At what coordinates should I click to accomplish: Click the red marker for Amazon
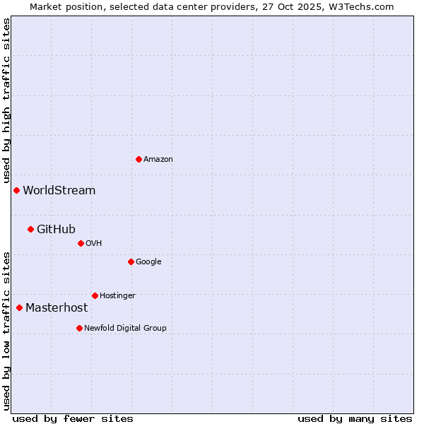(x=139, y=159)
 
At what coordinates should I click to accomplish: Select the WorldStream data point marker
(x=16, y=190)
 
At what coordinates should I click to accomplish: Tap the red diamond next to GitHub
(x=30, y=229)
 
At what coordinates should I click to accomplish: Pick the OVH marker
(x=81, y=243)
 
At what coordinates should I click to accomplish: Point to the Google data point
(x=131, y=261)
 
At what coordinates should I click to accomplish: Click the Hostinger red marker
(x=95, y=295)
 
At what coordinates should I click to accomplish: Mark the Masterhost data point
(x=19, y=307)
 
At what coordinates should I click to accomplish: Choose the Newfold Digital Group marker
(x=79, y=328)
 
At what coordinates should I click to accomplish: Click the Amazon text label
(x=158, y=160)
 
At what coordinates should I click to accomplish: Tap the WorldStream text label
(x=59, y=191)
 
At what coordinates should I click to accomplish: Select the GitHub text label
(x=56, y=229)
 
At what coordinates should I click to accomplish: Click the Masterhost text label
(x=57, y=308)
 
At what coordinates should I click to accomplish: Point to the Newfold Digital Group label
(x=125, y=328)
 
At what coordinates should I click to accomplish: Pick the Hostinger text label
(x=117, y=295)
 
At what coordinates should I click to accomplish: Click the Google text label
(x=148, y=261)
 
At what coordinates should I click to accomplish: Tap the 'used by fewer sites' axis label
(x=73, y=418)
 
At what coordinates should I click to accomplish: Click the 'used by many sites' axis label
(x=355, y=418)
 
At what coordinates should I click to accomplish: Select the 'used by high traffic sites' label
(x=6, y=101)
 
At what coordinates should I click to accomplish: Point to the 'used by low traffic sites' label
(x=6, y=331)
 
